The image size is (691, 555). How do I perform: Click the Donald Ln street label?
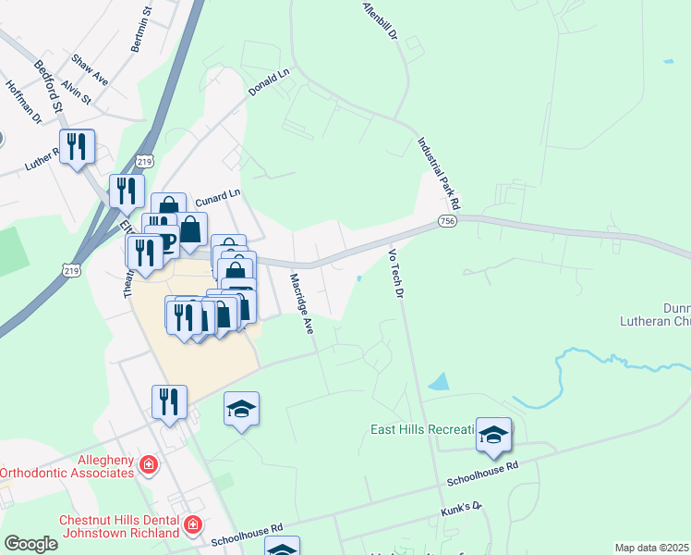(x=270, y=83)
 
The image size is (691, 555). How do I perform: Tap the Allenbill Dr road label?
(x=380, y=19)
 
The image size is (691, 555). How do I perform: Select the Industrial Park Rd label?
(x=439, y=173)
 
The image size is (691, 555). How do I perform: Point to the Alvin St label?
(x=75, y=91)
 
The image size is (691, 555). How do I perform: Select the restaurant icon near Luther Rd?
(x=77, y=146)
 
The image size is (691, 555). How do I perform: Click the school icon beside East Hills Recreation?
(x=494, y=435)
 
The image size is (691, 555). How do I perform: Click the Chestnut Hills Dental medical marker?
(x=192, y=526)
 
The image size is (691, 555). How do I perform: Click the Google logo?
(x=30, y=543)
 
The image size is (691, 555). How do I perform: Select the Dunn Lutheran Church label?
(x=663, y=315)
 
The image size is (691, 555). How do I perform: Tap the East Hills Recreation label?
(x=422, y=429)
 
